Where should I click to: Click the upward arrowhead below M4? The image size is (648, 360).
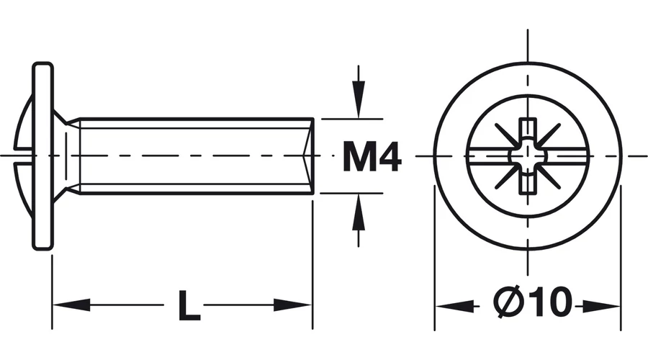(x=359, y=215)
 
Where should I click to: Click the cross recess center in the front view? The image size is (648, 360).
(x=528, y=156)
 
